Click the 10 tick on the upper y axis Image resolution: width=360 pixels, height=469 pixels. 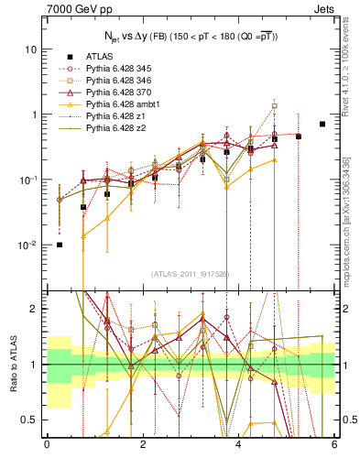click(32, 49)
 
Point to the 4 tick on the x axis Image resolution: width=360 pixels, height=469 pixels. click(238, 445)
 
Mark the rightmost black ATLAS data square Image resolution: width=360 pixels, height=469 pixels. click(322, 124)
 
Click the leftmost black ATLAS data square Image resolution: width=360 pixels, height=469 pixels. click(60, 245)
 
